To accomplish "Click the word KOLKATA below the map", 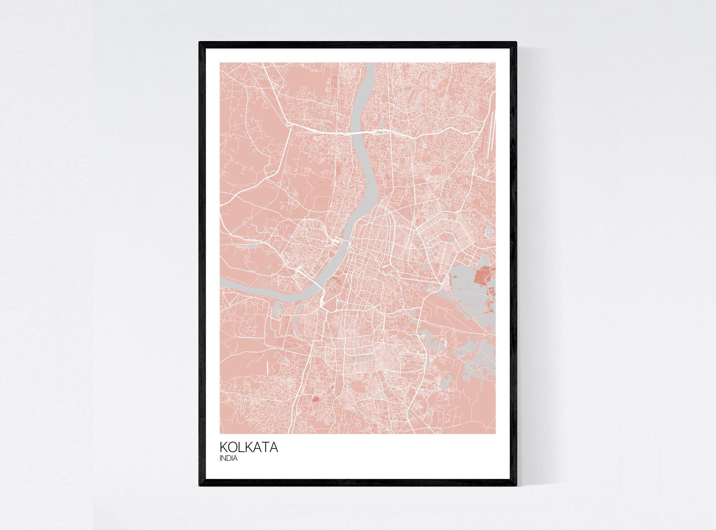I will click(249, 447).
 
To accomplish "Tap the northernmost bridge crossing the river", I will click(358, 133).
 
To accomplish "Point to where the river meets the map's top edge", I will click(369, 64).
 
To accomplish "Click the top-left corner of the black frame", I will click(200, 42).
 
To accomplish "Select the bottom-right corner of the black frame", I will click(516, 486).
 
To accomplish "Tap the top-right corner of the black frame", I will click(516, 42).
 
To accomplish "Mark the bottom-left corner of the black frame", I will click(200, 486).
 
